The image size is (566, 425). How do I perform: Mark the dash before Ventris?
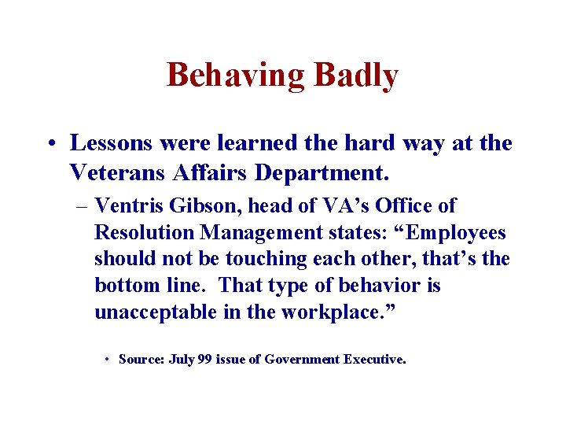pos(81,206)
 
